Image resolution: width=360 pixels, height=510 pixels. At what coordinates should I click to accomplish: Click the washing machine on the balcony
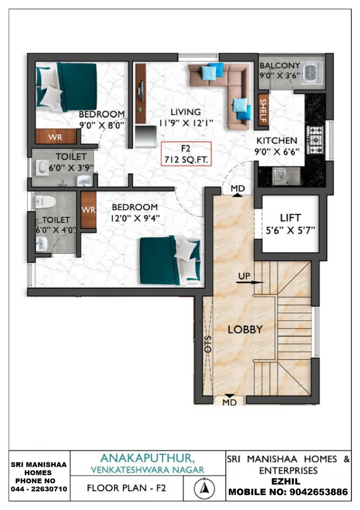tap(311, 73)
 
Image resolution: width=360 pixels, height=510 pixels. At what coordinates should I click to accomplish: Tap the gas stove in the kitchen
tap(315, 140)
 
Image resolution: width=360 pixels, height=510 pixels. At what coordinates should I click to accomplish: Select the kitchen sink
tap(286, 177)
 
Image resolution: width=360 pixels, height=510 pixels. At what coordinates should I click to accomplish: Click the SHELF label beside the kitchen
tap(263, 110)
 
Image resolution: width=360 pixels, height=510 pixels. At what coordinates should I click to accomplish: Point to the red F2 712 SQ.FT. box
tap(186, 153)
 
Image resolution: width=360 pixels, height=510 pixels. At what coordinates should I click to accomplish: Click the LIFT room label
tap(291, 218)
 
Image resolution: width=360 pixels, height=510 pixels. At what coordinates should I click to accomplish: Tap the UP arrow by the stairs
tap(250, 282)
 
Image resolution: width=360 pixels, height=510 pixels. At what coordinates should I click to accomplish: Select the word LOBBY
tap(245, 330)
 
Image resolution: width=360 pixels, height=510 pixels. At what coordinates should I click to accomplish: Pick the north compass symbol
tap(204, 488)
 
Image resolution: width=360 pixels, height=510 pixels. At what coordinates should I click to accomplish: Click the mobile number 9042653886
tap(319, 492)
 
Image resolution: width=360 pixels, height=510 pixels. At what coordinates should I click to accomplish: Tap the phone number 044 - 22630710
tap(39, 489)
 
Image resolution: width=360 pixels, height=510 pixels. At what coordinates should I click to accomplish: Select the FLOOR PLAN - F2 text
tap(127, 488)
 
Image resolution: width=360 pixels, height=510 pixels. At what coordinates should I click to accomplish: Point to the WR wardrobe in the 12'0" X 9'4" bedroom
tap(88, 210)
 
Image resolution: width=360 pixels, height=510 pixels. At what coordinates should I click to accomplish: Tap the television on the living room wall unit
tap(141, 91)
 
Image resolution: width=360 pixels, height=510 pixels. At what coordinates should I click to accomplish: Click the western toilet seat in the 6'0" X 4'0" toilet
tap(45, 202)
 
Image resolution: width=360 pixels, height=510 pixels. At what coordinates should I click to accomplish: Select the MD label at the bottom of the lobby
tap(229, 402)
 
